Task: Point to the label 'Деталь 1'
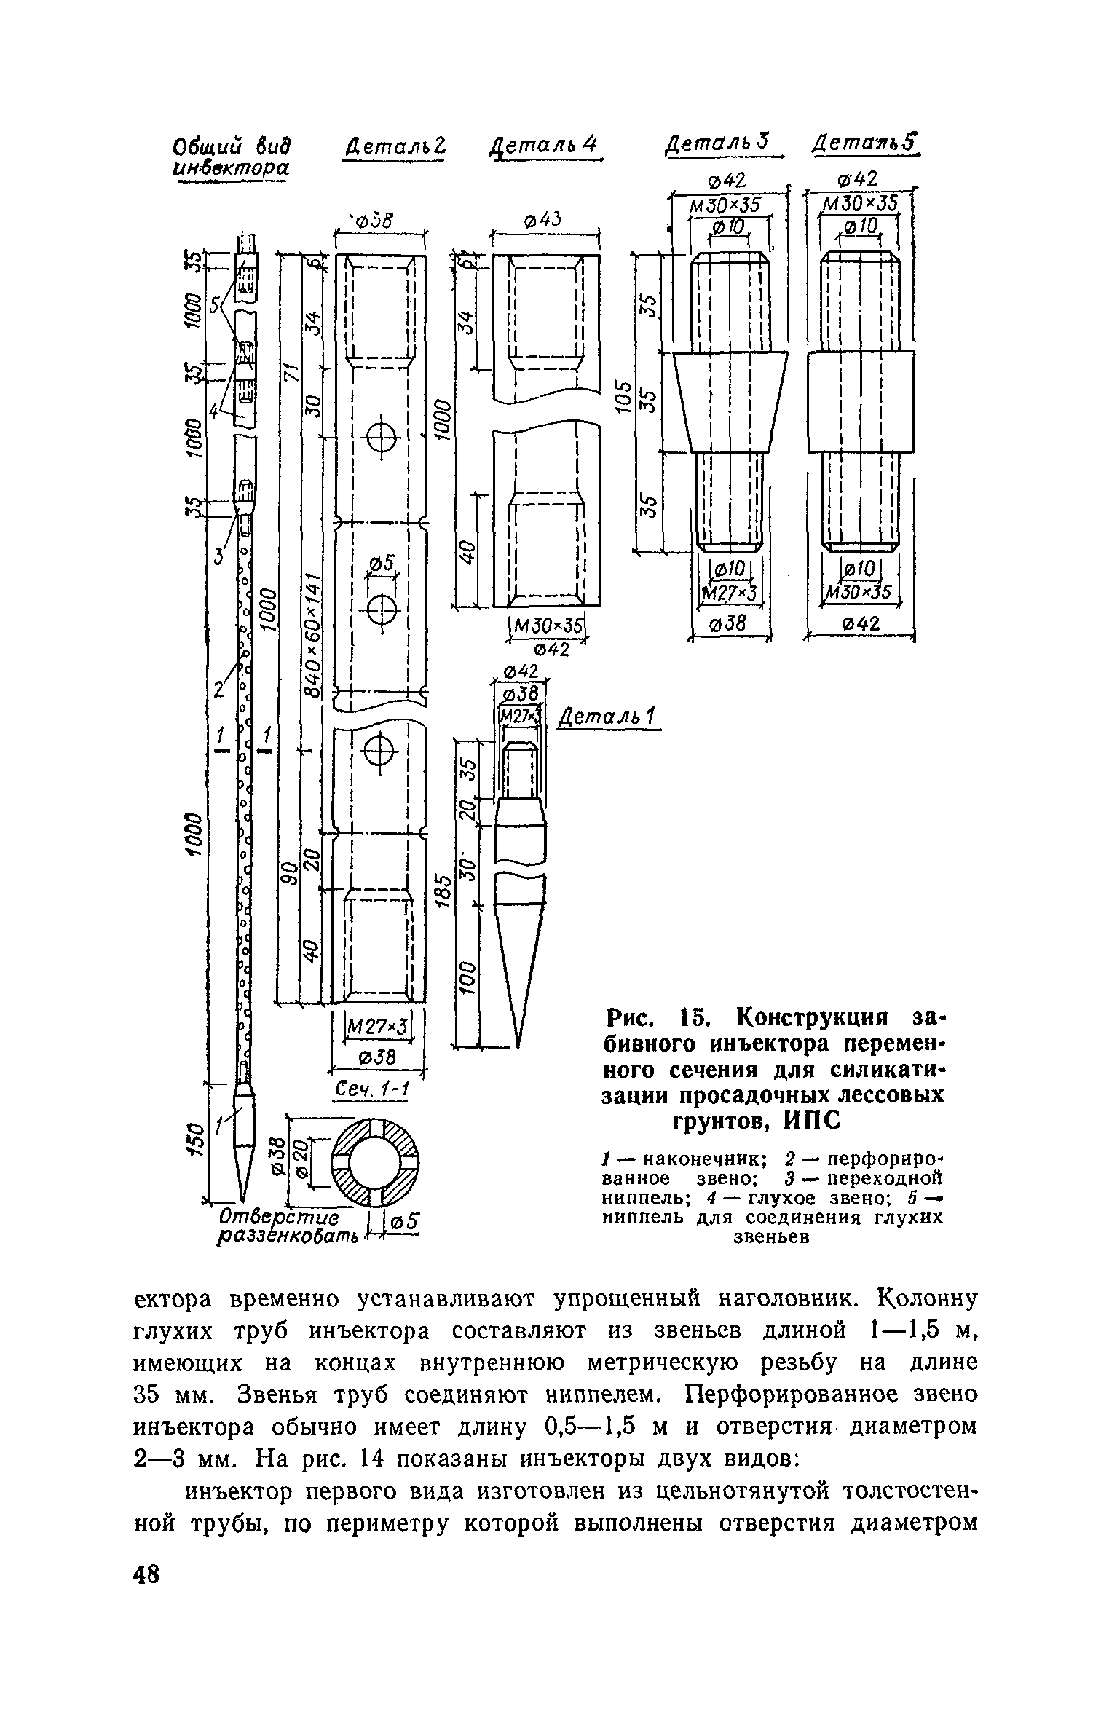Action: pyautogui.click(x=607, y=719)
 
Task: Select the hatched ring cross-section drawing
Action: pyautogui.click(x=376, y=1161)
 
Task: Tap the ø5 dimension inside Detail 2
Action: pyautogui.click(x=381, y=563)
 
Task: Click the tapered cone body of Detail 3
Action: pyautogui.click(x=730, y=401)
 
